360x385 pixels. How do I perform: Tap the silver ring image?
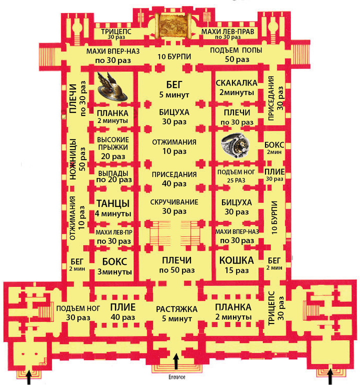235,145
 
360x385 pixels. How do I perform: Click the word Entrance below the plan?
176,377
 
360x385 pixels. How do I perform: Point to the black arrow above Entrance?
176,361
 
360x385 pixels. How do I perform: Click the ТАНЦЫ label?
113,203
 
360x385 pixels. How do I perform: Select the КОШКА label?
236,260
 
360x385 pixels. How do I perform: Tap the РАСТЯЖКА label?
176,309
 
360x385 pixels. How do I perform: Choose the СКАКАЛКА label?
236,83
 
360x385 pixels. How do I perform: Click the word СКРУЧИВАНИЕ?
174,202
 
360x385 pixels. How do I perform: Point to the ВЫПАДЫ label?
113,173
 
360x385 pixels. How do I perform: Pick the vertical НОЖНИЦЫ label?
73,159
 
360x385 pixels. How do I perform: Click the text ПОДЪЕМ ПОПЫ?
236,50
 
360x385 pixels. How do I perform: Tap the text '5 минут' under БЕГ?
174,94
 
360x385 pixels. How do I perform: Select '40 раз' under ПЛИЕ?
123,317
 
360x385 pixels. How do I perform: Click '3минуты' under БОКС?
114,272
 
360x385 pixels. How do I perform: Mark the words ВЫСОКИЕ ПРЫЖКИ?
112,143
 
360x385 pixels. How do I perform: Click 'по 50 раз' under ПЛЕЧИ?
177,270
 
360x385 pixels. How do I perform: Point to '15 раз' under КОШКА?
236,270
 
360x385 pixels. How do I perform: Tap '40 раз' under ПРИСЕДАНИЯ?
174,183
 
